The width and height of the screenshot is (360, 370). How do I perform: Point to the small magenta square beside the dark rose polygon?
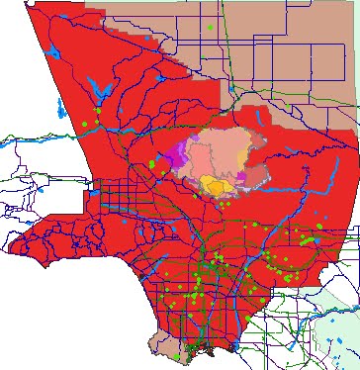[x=240, y=176]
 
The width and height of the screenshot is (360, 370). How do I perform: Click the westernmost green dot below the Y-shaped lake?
[x=86, y=124]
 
